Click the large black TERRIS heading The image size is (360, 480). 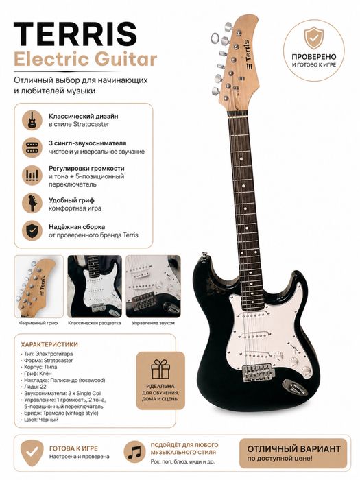pyautogui.click(x=75, y=34)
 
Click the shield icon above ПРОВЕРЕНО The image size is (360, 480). pyautogui.click(x=313, y=38)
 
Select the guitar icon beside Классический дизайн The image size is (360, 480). pyautogui.click(x=32, y=120)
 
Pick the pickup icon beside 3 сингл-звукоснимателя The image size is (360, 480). pyautogui.click(x=32, y=147)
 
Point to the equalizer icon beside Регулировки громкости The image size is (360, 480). pyautogui.click(x=32, y=176)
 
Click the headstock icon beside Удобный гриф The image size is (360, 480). pyautogui.click(x=32, y=203)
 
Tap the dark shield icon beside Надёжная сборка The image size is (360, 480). pyautogui.click(x=32, y=230)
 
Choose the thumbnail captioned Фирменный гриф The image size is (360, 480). pyautogui.click(x=38, y=287)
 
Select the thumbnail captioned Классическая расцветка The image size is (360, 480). pyautogui.click(x=95, y=287)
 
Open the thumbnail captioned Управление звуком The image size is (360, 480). pyautogui.click(x=153, y=287)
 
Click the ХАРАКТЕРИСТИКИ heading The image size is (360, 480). pyautogui.click(x=49, y=344)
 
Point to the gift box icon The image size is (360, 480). pyautogui.click(x=160, y=369)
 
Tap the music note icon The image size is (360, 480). pyautogui.click(x=134, y=451)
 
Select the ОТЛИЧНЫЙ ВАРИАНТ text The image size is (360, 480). pyautogui.click(x=293, y=449)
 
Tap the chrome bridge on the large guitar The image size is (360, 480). pyautogui.click(x=258, y=372)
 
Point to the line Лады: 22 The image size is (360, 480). pyautogui.click(x=35, y=387)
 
